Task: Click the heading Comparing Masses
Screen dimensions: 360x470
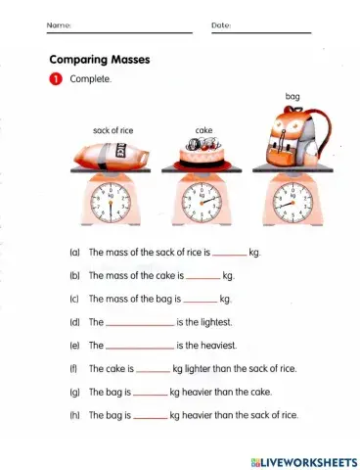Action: click(100, 60)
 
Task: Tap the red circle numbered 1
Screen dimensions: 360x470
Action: click(57, 80)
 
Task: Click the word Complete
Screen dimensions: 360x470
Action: click(91, 80)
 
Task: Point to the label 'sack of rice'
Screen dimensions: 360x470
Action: click(112, 128)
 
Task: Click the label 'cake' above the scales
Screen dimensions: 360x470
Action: click(204, 129)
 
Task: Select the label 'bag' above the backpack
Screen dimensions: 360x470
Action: click(292, 98)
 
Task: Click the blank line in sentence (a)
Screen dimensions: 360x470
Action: click(230, 254)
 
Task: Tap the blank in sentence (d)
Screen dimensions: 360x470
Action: click(140, 322)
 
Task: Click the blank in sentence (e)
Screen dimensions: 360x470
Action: click(140, 347)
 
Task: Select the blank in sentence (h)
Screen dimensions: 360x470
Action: click(151, 416)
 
